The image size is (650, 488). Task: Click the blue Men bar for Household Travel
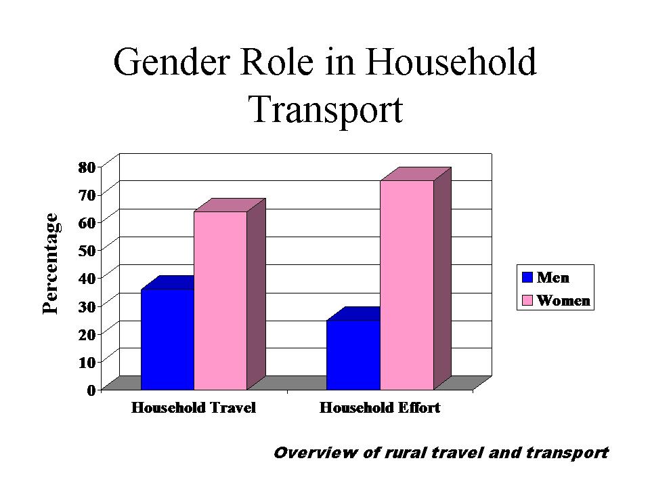[x=167, y=340]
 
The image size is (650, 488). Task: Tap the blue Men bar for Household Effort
[x=353, y=354]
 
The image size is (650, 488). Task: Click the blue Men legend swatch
[x=527, y=277]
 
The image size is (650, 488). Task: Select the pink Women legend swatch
[x=527, y=300]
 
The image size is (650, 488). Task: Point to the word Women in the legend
[x=563, y=300]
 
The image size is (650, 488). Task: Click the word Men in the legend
[x=553, y=277]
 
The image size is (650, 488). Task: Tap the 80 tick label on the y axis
[x=87, y=167]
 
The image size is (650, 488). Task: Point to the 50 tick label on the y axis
[x=87, y=250]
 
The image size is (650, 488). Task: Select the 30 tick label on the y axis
[x=87, y=306]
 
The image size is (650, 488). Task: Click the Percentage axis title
[x=51, y=264]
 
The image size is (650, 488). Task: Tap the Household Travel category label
[x=194, y=407]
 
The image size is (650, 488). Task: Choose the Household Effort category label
[x=380, y=407]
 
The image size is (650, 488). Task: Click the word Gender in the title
[x=171, y=62]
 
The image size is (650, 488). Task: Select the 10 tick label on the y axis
[x=87, y=362]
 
